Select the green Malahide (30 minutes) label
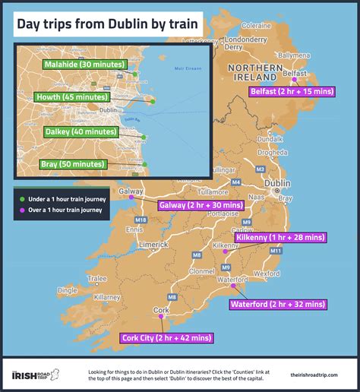(x=85, y=65)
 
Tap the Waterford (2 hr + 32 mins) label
(x=278, y=304)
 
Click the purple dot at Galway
(x=131, y=198)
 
